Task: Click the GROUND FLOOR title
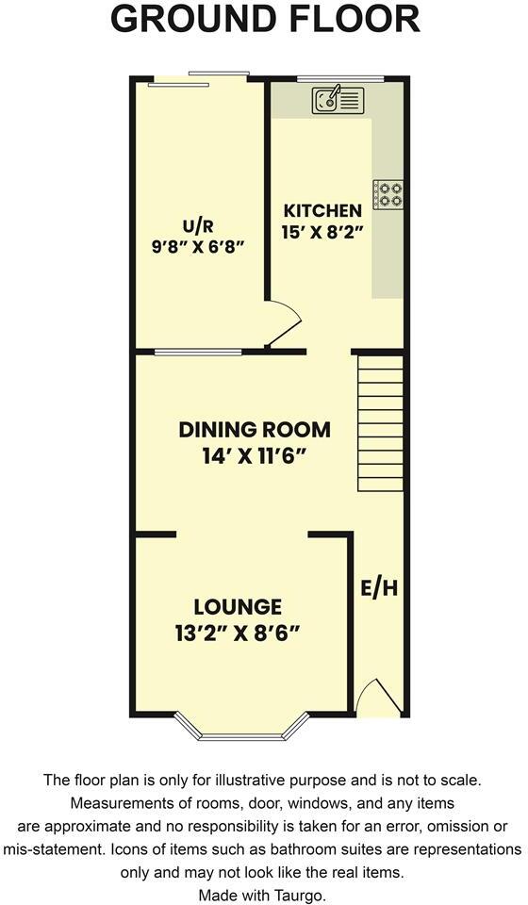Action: click(x=265, y=20)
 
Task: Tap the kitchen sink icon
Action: click(x=338, y=99)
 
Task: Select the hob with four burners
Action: click(x=388, y=194)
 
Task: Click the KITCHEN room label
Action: click(x=322, y=210)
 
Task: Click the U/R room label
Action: click(x=199, y=225)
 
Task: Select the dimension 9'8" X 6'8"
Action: click(x=199, y=246)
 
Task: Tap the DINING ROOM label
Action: click(x=255, y=430)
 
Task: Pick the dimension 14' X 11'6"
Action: click(x=255, y=454)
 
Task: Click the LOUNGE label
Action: click(x=238, y=606)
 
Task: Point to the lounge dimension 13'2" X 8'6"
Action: click(x=238, y=632)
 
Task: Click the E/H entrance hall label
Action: click(x=379, y=588)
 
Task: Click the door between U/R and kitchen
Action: click(x=283, y=325)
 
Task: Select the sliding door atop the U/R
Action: click(x=198, y=79)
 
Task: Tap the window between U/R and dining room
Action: click(x=198, y=353)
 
